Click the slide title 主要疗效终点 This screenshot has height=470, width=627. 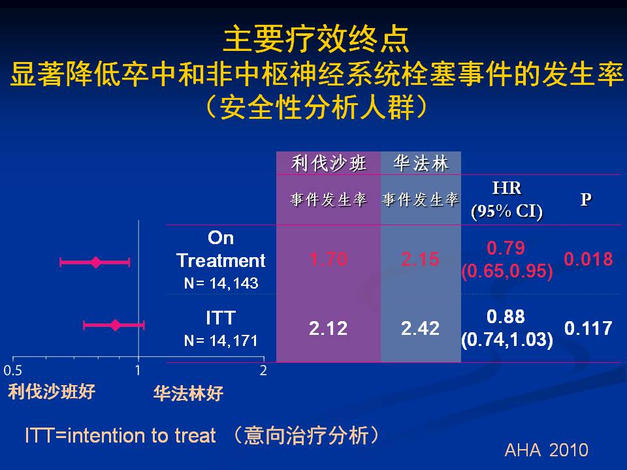316,40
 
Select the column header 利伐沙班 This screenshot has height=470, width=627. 329,163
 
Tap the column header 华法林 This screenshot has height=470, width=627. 421,163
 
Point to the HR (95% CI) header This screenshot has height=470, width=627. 507,200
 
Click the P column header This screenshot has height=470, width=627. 586,199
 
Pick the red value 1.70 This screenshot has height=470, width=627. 329,259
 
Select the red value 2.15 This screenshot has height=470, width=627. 420,259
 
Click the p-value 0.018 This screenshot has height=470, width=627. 588,259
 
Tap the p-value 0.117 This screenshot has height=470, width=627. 588,328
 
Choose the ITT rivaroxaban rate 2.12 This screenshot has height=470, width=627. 329,328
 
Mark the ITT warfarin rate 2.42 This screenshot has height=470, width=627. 420,328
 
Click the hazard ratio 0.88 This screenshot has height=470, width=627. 506,317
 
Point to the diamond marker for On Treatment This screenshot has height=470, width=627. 96,262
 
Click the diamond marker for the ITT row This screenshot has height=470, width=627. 116,325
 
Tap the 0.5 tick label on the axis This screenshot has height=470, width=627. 13,371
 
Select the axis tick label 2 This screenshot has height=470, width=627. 263,371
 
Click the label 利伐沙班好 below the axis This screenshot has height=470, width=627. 52,392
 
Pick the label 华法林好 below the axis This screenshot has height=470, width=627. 188,393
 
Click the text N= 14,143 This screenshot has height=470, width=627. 221,283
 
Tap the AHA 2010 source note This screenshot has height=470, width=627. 546,450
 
